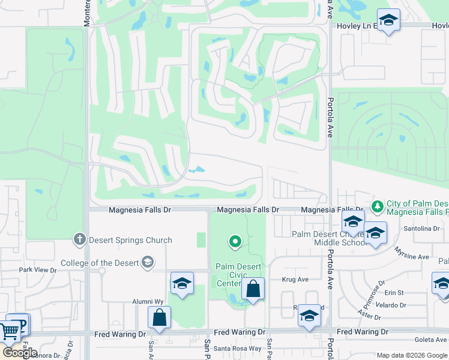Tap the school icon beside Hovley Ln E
coord(388,21)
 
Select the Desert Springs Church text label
coord(130,240)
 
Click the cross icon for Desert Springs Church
coord(79,240)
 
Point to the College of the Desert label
coord(99,262)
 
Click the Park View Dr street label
coord(37,270)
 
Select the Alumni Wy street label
coord(148,302)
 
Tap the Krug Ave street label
coord(295,280)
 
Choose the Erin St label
coord(394,293)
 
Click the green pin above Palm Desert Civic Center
coord(235,242)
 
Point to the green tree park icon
coord(377,207)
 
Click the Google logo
coord(19,353)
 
